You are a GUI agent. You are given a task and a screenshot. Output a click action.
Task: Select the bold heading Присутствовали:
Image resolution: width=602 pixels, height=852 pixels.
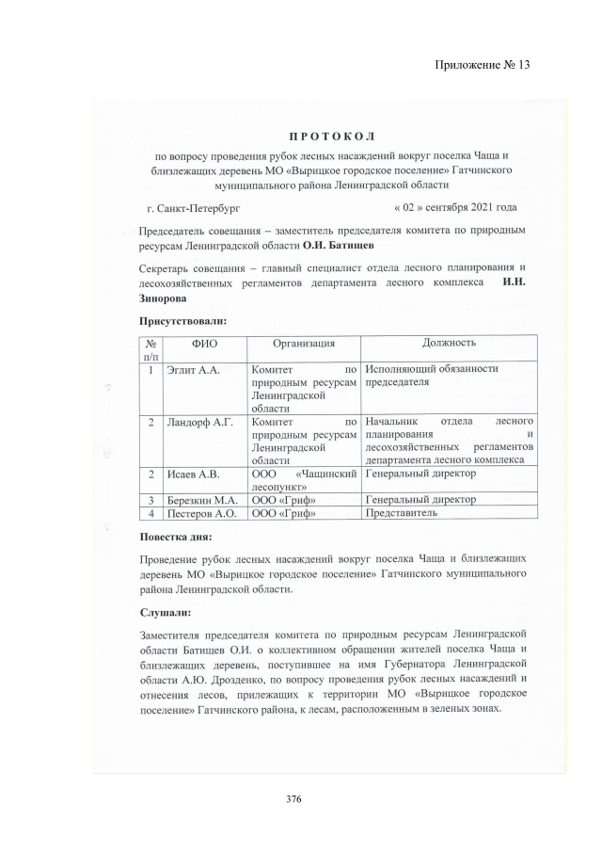pos(182,322)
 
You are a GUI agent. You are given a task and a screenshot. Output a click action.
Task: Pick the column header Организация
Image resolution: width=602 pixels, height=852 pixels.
pos(303,345)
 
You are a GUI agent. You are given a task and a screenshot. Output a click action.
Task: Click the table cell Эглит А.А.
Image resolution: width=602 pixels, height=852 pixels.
pos(193,370)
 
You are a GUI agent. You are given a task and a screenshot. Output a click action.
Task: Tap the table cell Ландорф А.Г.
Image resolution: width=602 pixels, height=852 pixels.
pos(199,422)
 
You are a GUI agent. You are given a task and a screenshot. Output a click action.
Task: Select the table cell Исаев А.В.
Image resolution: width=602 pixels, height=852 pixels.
pos(194,474)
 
